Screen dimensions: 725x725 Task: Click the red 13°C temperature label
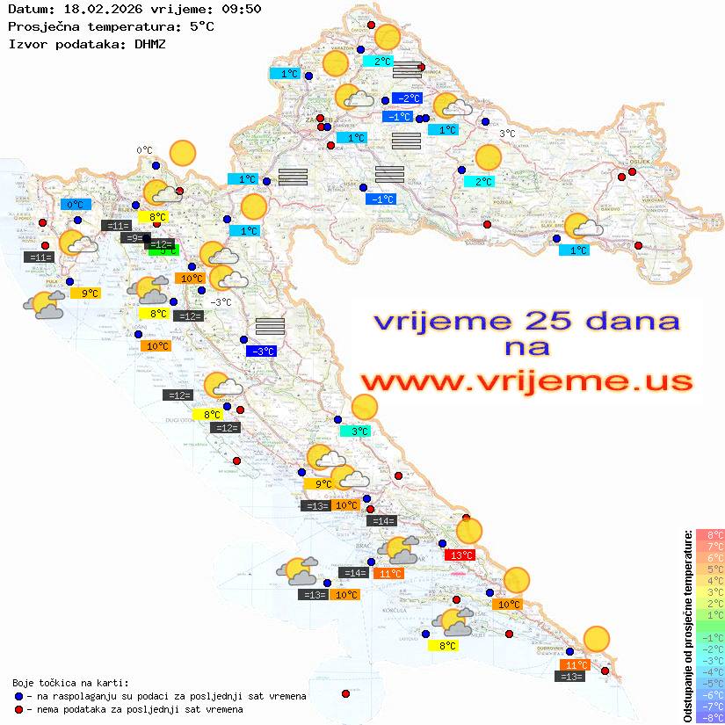click(x=460, y=555)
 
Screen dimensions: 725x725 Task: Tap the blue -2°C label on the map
click(x=407, y=98)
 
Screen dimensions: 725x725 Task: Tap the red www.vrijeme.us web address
click(x=526, y=381)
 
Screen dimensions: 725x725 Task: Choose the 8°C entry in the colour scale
click(x=710, y=534)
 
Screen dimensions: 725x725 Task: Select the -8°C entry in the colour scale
click(x=710, y=717)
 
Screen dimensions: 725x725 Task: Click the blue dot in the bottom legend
click(x=18, y=696)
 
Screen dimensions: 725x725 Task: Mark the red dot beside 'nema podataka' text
click(x=18, y=709)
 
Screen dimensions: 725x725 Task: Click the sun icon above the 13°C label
click(x=469, y=531)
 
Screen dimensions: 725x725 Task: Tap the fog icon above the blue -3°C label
click(x=270, y=326)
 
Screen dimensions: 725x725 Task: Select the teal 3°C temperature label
click(x=355, y=431)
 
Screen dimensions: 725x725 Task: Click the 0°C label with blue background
click(x=76, y=205)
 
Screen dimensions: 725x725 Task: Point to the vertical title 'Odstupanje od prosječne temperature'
click(x=687, y=625)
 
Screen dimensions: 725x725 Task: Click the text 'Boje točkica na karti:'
click(x=70, y=683)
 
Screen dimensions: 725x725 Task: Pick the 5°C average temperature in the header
click(x=200, y=26)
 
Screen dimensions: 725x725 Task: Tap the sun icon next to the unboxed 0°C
click(x=182, y=153)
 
